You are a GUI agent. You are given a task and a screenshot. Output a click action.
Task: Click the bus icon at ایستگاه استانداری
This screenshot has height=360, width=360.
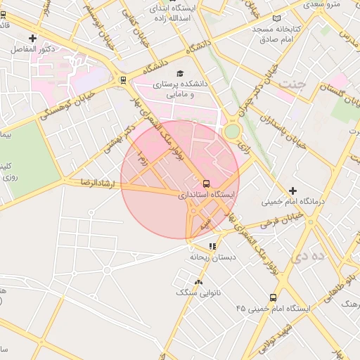point(206,182)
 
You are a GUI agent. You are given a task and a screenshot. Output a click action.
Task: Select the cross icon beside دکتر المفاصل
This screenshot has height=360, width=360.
point(32,38)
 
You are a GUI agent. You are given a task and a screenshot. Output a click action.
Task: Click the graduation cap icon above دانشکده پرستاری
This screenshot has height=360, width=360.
point(179,72)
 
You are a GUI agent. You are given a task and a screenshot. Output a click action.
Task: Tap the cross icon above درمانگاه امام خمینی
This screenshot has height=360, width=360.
point(292,191)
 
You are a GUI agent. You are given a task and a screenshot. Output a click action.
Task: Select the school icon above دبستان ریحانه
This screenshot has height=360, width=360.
point(212,246)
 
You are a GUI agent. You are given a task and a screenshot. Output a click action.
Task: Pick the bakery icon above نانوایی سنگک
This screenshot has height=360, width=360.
point(198,281)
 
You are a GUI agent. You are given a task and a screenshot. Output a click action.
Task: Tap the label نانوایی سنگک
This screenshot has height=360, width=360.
point(196,292)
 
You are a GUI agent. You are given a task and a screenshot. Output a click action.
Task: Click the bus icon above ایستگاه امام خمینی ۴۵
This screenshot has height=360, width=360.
point(273,297)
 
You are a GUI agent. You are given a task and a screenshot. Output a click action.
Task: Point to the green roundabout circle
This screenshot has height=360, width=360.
point(232,131)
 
